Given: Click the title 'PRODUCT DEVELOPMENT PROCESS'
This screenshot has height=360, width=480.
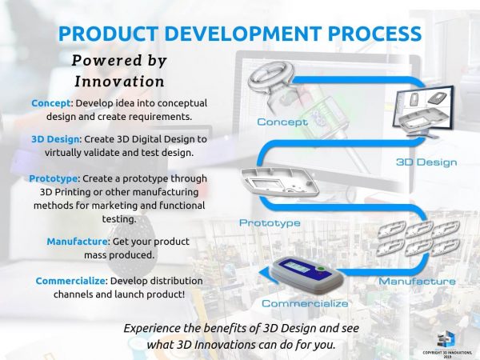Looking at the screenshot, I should pyautogui.click(x=240, y=34).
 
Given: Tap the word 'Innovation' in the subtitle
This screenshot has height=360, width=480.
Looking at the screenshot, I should pyautogui.click(x=119, y=81).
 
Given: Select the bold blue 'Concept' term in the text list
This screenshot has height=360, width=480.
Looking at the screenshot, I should pyautogui.click(x=50, y=103).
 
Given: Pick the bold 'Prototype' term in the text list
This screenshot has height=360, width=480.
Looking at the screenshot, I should pyautogui.click(x=55, y=177).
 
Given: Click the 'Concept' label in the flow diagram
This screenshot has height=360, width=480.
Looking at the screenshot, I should pyautogui.click(x=282, y=122).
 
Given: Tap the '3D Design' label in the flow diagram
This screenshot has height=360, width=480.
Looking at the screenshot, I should pyautogui.click(x=426, y=162).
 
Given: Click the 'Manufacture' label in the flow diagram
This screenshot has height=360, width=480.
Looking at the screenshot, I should pyautogui.click(x=417, y=281).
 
